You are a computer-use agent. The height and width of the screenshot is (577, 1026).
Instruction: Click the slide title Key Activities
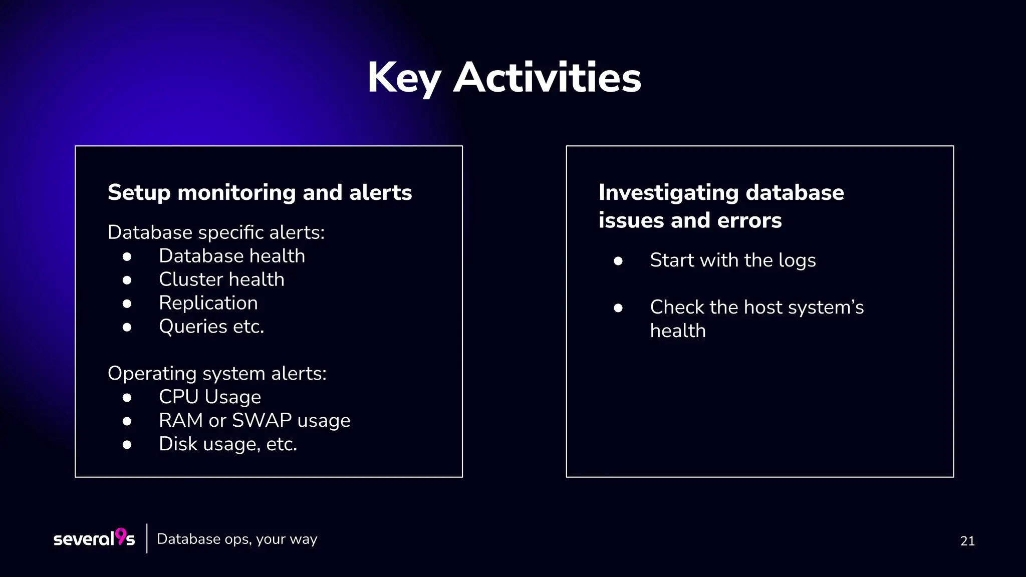click(504, 78)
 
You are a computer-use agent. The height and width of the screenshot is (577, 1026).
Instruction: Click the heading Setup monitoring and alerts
click(260, 193)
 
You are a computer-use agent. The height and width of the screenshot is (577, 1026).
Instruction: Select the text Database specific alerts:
click(216, 232)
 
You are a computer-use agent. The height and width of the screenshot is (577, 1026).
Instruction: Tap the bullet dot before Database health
click(127, 256)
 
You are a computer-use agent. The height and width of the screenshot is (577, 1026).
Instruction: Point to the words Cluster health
click(221, 279)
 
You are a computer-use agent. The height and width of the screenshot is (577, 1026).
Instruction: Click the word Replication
click(208, 303)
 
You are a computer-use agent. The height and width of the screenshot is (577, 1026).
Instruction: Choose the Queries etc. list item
click(211, 327)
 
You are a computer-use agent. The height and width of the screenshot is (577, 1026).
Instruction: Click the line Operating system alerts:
click(217, 374)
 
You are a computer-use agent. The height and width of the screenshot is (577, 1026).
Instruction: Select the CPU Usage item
click(209, 397)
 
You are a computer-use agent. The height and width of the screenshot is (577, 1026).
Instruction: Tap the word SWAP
click(262, 421)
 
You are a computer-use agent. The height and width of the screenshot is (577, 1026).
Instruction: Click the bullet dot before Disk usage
click(127, 444)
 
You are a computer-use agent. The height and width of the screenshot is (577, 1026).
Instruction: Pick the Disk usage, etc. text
click(227, 444)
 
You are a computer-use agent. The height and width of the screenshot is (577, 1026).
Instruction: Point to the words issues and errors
click(690, 221)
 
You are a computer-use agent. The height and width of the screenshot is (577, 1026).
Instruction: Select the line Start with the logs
click(732, 260)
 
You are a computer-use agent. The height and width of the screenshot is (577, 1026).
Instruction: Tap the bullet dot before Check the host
click(618, 308)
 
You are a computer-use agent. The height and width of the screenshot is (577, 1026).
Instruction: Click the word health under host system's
click(677, 331)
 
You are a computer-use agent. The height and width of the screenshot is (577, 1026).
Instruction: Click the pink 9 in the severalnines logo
click(121, 536)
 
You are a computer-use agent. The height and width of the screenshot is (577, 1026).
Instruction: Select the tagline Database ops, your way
click(237, 539)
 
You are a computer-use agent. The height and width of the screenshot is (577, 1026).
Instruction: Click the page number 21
click(967, 541)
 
